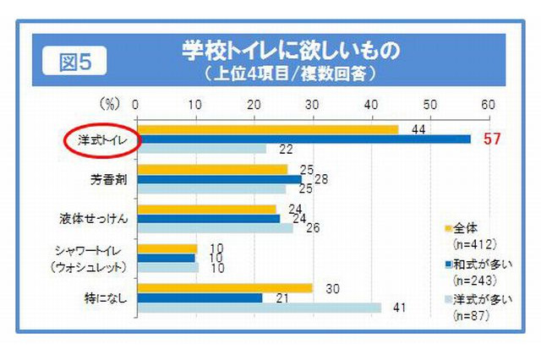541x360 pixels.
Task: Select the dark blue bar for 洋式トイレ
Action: (x=303, y=139)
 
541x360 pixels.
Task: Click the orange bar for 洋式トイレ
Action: (x=267, y=128)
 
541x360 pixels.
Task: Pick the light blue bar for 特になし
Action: (x=259, y=308)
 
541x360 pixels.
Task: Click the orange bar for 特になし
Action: (x=224, y=287)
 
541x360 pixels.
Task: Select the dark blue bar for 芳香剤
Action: (x=219, y=178)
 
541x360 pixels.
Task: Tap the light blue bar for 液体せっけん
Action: (x=215, y=228)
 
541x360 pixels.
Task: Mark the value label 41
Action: (x=394, y=308)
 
